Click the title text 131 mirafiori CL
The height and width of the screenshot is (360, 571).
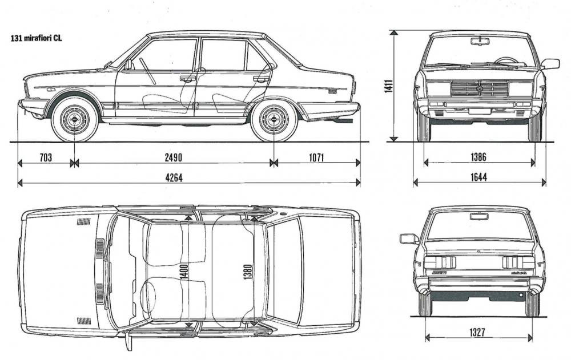click(x=37, y=38)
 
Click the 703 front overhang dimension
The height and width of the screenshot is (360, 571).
click(x=46, y=157)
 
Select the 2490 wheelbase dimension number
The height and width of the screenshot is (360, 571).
click(x=174, y=157)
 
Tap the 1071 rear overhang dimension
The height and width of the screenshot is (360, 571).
click(x=316, y=157)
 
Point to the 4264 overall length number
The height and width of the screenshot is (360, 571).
click(x=174, y=177)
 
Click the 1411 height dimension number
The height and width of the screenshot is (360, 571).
click(x=388, y=86)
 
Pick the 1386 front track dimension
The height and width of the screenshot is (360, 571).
click(x=478, y=157)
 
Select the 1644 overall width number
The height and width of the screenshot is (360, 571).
click(x=478, y=177)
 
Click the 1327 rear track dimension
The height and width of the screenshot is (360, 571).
click(x=477, y=333)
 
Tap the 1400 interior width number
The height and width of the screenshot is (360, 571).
click(x=184, y=272)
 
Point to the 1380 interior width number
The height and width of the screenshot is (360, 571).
click(x=248, y=272)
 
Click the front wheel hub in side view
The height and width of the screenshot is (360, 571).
click(x=74, y=119)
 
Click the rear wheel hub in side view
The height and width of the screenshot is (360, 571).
click(x=274, y=119)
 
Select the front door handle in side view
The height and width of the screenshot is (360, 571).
click(x=187, y=78)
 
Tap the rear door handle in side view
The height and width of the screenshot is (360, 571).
click(x=261, y=78)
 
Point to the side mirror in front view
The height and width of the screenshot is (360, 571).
click(x=550, y=64)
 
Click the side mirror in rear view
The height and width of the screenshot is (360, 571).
click(x=409, y=239)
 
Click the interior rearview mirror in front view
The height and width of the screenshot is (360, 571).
click(x=480, y=41)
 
